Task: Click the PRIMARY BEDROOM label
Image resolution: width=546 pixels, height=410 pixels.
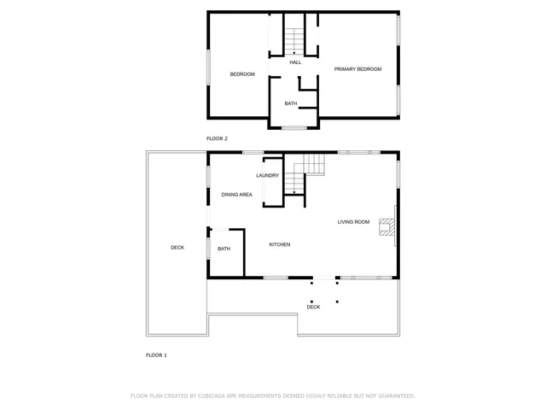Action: pyautogui.click(x=357, y=69)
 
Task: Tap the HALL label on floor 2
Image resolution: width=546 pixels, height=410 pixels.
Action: pyautogui.click(x=295, y=62)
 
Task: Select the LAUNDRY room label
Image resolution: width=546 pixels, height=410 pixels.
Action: pyautogui.click(x=267, y=176)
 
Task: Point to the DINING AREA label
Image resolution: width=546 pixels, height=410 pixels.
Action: pyautogui.click(x=236, y=195)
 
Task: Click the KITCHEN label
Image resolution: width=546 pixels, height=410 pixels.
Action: pyautogui.click(x=280, y=245)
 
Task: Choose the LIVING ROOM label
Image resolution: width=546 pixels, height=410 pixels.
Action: pyautogui.click(x=353, y=222)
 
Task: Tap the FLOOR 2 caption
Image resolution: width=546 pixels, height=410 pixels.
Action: pyautogui.click(x=217, y=138)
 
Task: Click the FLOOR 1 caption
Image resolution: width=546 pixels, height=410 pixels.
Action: pyautogui.click(x=156, y=354)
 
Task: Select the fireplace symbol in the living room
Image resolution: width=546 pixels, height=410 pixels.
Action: pyautogui.click(x=387, y=227)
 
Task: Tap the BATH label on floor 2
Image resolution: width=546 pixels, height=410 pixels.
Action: pyautogui.click(x=291, y=104)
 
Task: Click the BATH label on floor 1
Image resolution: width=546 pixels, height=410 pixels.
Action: pyautogui.click(x=224, y=249)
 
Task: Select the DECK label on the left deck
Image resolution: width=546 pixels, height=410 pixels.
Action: pyautogui.click(x=177, y=248)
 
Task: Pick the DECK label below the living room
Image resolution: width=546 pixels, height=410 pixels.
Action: pyautogui.click(x=313, y=307)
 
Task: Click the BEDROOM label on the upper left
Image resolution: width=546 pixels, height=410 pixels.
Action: pyautogui.click(x=242, y=74)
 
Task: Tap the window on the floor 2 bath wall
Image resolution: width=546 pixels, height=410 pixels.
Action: pyautogui.click(x=293, y=128)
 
